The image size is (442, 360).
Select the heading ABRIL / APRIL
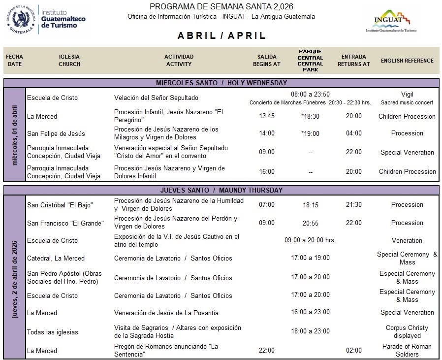click(221, 36)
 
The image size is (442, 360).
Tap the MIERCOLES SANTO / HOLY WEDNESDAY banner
click(221, 83)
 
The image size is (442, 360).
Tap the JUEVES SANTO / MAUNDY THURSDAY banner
click(221, 190)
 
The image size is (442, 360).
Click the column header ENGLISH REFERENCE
click(407, 61)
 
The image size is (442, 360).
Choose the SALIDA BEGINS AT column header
click(267, 61)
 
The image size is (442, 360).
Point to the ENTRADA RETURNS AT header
click(353, 61)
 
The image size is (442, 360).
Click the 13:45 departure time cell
click(267, 116)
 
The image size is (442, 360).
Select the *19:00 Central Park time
click(310, 133)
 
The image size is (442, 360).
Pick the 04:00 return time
click(353, 133)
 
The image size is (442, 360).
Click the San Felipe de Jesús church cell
click(56, 133)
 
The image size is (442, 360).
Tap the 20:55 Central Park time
click(310, 223)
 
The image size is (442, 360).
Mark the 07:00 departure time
click(267, 204)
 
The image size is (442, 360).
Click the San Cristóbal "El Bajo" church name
click(60, 205)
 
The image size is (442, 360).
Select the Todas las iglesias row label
click(53, 331)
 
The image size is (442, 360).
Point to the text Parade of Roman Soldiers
click(407, 350)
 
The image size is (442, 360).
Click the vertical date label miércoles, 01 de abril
click(15, 134)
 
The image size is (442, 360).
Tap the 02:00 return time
click(353, 351)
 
